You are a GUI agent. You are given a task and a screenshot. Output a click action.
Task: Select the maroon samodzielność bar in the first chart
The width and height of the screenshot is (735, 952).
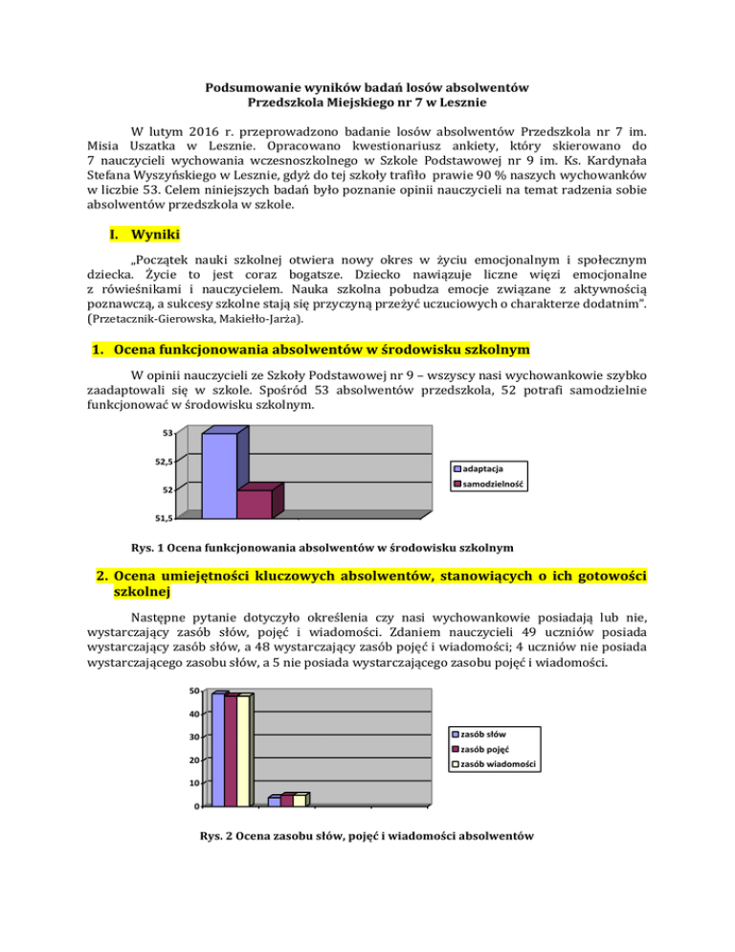tap(254, 505)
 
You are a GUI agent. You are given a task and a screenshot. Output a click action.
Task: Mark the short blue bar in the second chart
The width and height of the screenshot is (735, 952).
tap(274, 801)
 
